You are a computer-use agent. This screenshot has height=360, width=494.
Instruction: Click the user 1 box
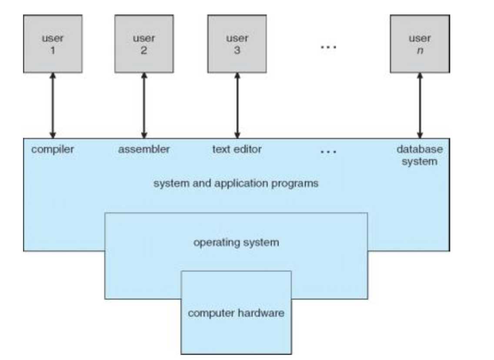click(53, 43)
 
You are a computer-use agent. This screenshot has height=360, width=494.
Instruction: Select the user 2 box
click(144, 43)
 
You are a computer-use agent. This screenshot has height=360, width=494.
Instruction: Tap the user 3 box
click(237, 43)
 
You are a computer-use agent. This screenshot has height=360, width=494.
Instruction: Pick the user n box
click(420, 43)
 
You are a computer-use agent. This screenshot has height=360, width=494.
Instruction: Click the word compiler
click(53, 150)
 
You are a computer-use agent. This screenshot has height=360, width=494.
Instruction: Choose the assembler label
click(144, 150)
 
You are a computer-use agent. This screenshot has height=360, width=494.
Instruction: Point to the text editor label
click(237, 150)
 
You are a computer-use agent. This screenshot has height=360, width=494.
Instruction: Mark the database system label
click(420, 156)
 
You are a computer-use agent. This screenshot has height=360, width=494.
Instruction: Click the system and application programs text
click(236, 183)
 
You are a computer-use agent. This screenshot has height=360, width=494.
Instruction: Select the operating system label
click(236, 242)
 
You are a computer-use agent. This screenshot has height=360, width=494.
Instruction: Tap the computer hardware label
click(236, 313)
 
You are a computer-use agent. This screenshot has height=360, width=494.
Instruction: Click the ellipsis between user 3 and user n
click(328, 47)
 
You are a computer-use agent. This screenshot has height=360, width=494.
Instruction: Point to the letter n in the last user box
click(420, 50)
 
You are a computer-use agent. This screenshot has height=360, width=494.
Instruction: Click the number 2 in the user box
click(144, 50)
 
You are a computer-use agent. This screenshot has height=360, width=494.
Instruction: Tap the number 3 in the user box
click(237, 50)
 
